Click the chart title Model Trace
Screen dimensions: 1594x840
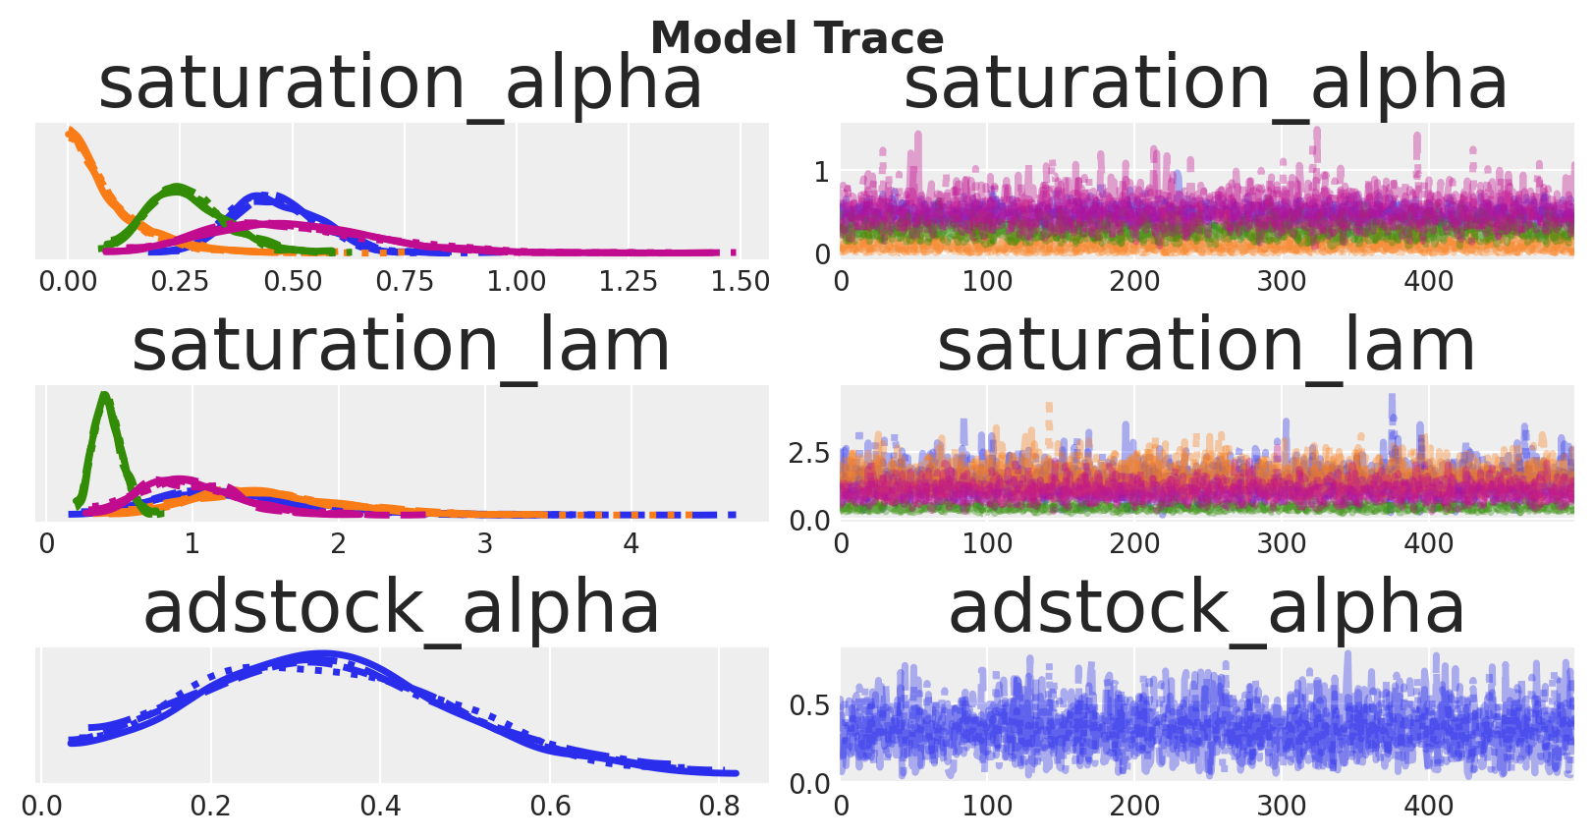click(797, 37)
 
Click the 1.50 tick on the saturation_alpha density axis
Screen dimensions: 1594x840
click(741, 282)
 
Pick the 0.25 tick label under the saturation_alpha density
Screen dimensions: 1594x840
click(180, 282)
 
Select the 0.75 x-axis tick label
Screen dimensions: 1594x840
click(405, 282)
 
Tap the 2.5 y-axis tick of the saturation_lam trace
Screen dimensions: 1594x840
click(809, 453)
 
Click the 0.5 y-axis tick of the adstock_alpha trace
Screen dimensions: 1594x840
click(809, 705)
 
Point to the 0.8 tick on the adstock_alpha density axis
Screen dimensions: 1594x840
click(720, 807)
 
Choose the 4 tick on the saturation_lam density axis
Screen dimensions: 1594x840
click(632, 544)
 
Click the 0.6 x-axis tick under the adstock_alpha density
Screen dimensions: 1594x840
click(550, 807)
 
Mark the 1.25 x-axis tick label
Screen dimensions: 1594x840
click(628, 282)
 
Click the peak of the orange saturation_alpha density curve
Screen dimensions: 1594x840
click(70, 132)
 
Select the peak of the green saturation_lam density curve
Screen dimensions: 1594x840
click(105, 395)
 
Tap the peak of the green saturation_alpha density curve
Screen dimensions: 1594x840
click(177, 189)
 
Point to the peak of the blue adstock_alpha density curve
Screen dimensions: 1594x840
click(320, 655)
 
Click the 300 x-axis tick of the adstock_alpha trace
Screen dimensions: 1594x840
click(1281, 807)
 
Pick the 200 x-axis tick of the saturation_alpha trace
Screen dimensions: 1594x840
click(1134, 282)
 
